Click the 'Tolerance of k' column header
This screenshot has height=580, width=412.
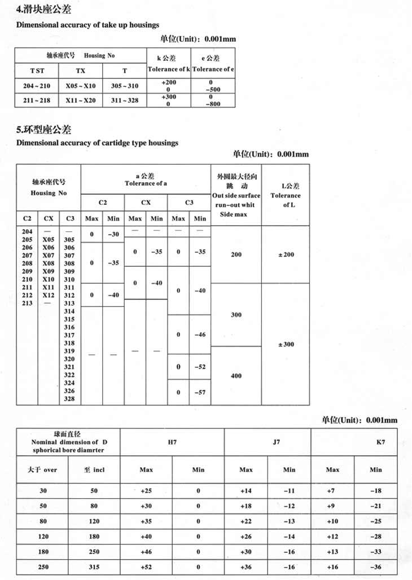tap(168, 69)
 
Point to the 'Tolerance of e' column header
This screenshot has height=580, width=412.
tap(213, 69)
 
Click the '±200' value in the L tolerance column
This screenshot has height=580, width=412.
tap(286, 254)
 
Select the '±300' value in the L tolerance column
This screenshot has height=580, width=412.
tap(286, 344)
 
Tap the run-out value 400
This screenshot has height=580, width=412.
tap(236, 375)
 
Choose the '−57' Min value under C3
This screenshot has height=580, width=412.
tap(200, 392)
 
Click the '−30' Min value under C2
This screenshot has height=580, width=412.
tap(113, 234)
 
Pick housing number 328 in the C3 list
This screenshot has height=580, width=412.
tap(69, 399)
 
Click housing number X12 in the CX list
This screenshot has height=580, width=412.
tap(48, 295)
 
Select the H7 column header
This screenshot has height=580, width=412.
tap(172, 442)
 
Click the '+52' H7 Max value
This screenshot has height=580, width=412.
tap(146, 566)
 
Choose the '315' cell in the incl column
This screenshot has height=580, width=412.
tap(94, 566)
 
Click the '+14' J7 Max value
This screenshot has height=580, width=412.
tap(246, 491)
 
